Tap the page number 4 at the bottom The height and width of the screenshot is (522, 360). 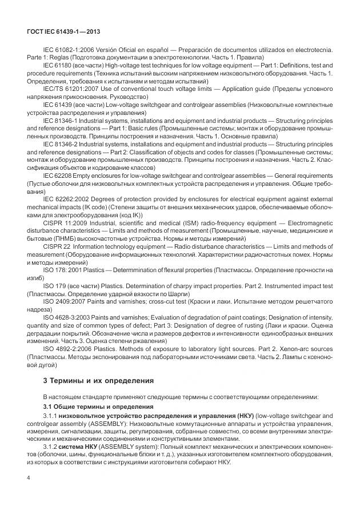coord(29,493)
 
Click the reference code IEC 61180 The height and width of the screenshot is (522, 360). coord(56,67)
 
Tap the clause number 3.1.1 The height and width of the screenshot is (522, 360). coord(52,416)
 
